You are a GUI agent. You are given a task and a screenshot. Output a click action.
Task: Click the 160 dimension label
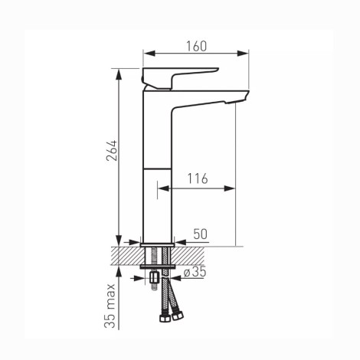coord(196,46)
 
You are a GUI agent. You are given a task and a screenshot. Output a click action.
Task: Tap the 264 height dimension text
coord(112,150)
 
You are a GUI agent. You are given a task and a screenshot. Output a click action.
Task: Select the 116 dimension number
coord(198,178)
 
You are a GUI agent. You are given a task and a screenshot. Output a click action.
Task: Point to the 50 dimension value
coord(201,234)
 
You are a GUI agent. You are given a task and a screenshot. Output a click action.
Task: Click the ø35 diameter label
coord(195,272)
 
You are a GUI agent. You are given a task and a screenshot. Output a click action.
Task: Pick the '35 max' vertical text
coord(110,306)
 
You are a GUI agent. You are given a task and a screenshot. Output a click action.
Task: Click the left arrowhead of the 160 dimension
coord(149,53)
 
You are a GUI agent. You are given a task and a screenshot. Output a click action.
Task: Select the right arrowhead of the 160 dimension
coord(243,53)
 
